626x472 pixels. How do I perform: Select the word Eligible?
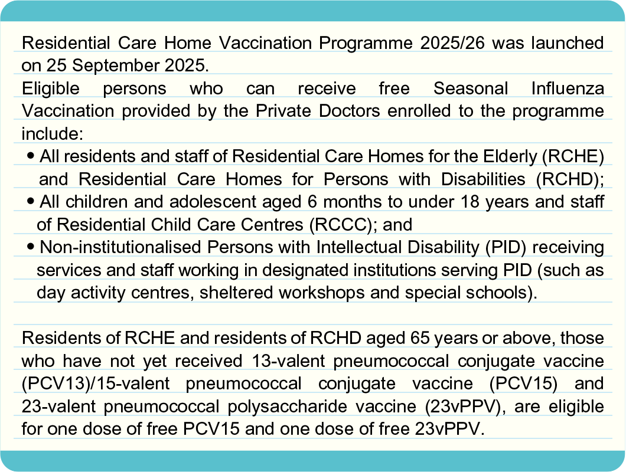coord(51,88)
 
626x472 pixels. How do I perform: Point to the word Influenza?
coord(568,88)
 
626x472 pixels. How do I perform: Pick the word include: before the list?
coord(53,134)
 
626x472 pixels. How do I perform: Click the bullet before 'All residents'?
coord(31,156)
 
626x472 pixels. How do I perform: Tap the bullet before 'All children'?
coord(31,201)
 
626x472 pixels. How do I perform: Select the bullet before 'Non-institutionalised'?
coord(31,247)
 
